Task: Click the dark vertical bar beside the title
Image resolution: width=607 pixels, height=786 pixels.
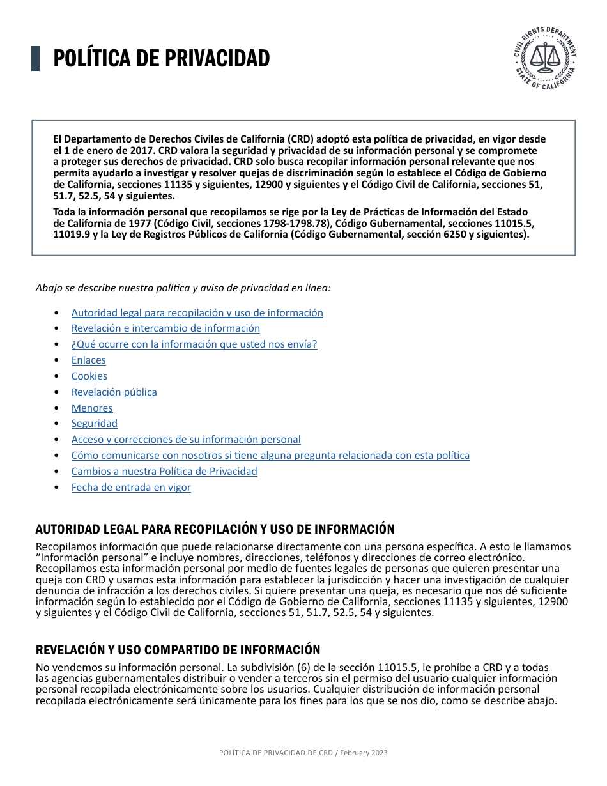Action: pyautogui.click(x=36, y=58)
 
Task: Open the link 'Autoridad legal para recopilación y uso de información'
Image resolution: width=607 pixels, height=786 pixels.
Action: pyautogui.click(x=197, y=313)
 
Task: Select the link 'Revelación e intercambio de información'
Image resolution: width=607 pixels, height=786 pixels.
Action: pyautogui.click(x=165, y=328)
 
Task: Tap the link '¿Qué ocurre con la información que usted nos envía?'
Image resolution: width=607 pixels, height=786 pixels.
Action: pyautogui.click(x=194, y=344)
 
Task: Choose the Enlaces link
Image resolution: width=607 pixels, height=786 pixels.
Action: pyautogui.click(x=88, y=360)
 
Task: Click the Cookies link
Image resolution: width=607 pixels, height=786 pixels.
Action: pyautogui.click(x=89, y=376)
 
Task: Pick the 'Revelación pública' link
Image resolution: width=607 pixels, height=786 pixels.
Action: pyautogui.click(x=114, y=392)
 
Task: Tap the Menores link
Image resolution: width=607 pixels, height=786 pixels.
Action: pyautogui.click(x=92, y=408)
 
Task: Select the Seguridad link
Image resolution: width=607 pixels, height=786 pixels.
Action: pyautogui.click(x=94, y=424)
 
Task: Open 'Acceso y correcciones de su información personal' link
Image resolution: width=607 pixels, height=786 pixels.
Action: pyautogui.click(x=186, y=440)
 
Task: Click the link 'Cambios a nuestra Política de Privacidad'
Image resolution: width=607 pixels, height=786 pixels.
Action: pyautogui.click(x=164, y=472)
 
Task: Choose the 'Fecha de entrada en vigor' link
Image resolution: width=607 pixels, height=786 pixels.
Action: pyautogui.click(x=131, y=488)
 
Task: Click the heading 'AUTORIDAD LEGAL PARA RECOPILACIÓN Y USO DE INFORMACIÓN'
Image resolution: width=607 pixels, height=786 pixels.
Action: pyautogui.click(x=215, y=529)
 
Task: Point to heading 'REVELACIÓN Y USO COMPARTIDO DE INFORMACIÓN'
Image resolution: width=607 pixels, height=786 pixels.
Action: pyautogui.click(x=178, y=650)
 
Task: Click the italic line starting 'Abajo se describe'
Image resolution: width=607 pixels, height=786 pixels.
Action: pyautogui.click(x=183, y=288)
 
